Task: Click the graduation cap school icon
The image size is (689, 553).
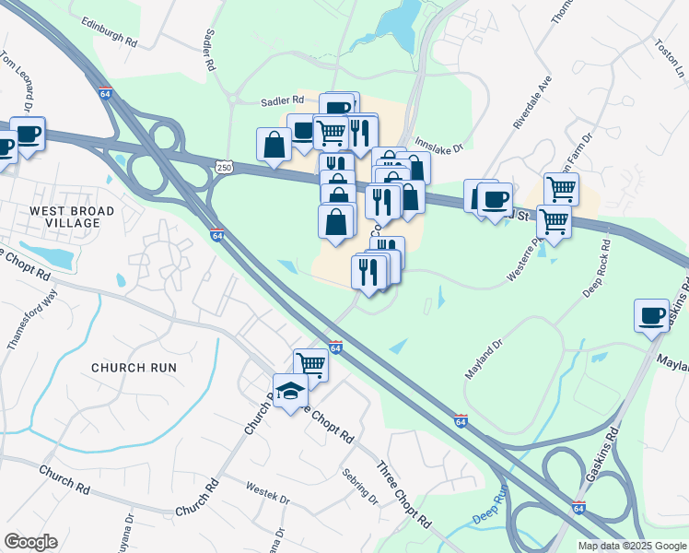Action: tap(291, 391)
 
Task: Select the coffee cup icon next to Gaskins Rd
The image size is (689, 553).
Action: tap(652, 316)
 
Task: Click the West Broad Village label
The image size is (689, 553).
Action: tap(72, 218)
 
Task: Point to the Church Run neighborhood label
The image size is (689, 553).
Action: tap(134, 367)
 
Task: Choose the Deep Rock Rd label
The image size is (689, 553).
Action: tap(597, 270)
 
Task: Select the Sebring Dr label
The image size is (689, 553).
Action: tap(359, 487)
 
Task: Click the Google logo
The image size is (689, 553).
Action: tap(30, 542)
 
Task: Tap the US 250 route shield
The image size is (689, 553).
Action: tap(224, 166)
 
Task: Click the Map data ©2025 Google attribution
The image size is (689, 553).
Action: tap(631, 546)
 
